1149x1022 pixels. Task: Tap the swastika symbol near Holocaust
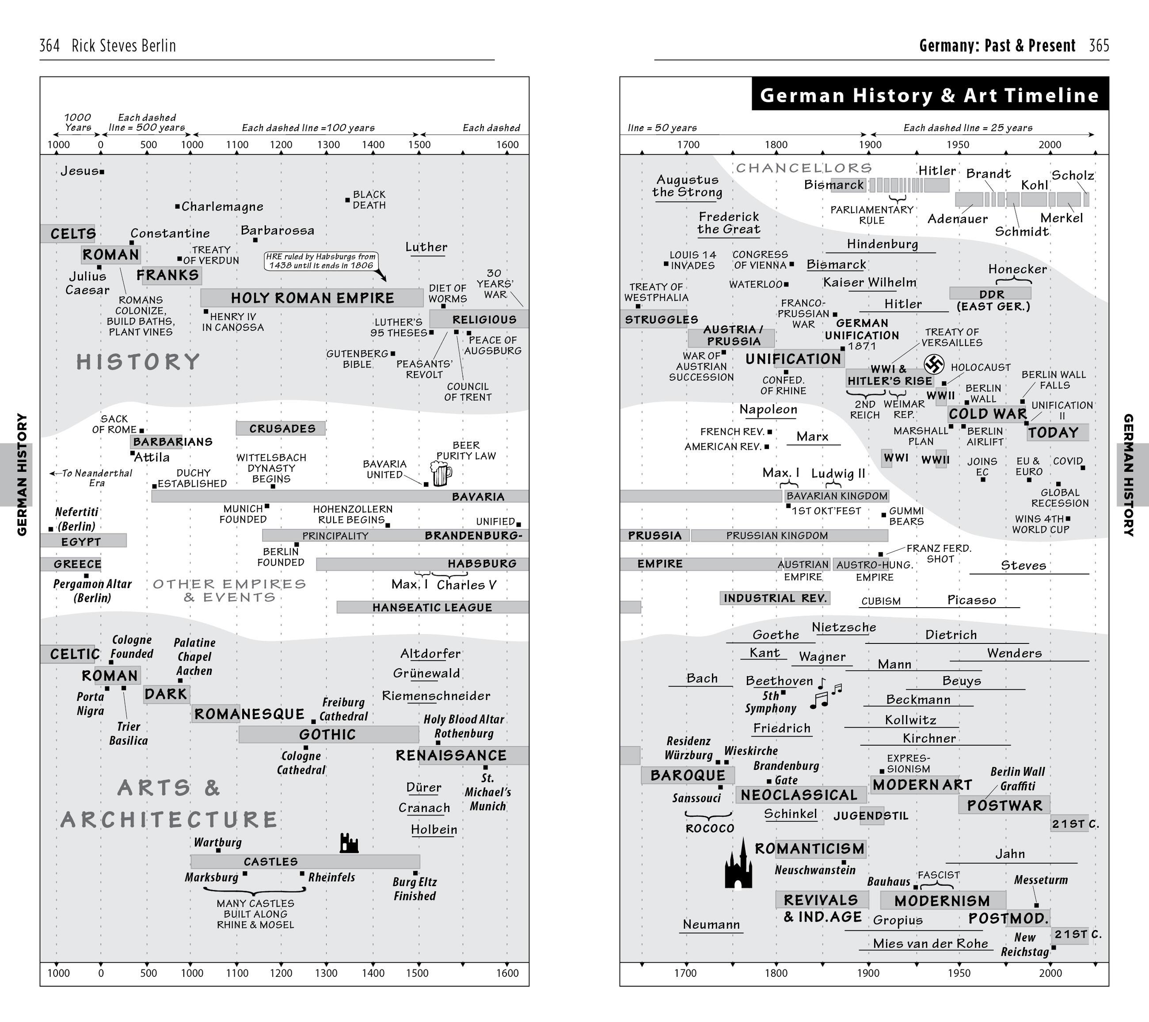[934, 364]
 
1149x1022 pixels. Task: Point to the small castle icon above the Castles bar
[349, 844]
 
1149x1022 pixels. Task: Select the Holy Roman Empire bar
[312, 298]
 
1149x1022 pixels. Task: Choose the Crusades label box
[281, 429]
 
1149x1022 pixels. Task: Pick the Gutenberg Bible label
[358, 358]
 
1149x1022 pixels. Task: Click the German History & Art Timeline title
[929, 95]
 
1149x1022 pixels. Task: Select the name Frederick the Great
[729, 223]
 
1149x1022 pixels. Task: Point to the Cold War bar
[988, 414]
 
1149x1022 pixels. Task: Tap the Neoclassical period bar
[799, 795]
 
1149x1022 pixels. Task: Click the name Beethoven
[779, 681]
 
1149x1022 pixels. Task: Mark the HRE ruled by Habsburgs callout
[320, 261]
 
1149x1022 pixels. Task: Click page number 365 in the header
[1099, 46]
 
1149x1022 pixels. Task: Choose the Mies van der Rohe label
[930, 943]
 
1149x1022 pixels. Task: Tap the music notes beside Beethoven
[825, 693]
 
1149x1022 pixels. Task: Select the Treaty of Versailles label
[952, 337]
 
